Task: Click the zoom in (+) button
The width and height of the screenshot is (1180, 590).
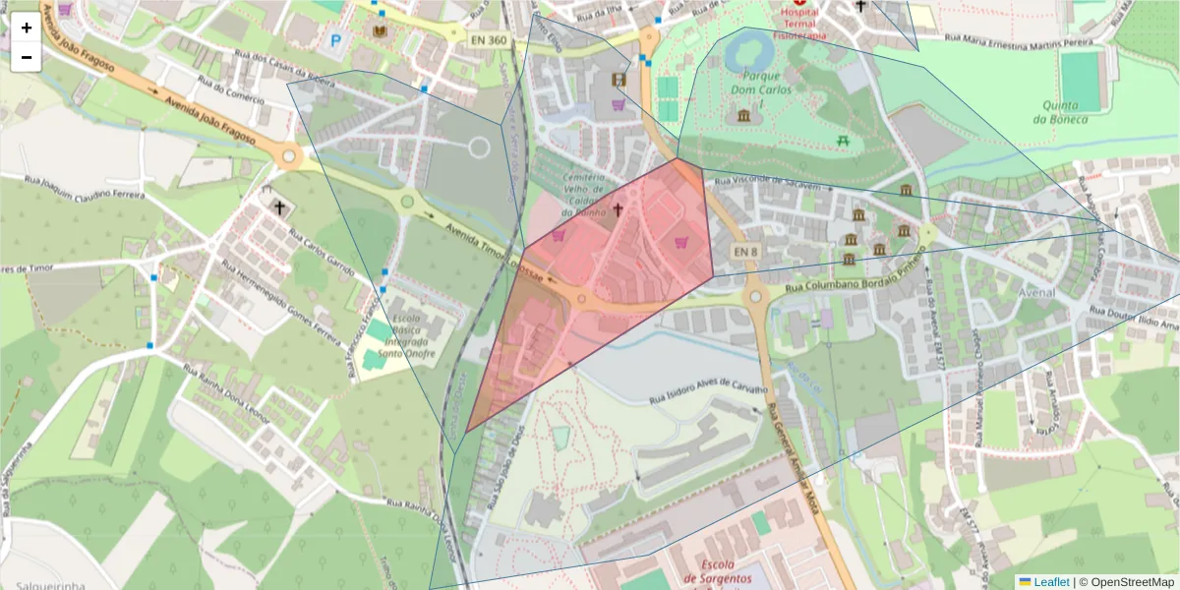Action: tap(27, 28)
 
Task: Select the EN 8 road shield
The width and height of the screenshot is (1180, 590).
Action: tap(746, 253)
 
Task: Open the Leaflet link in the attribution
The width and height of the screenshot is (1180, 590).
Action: tap(1051, 582)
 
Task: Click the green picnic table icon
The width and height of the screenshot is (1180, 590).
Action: tap(844, 142)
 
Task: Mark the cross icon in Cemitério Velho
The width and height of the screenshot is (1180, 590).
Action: tap(618, 208)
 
